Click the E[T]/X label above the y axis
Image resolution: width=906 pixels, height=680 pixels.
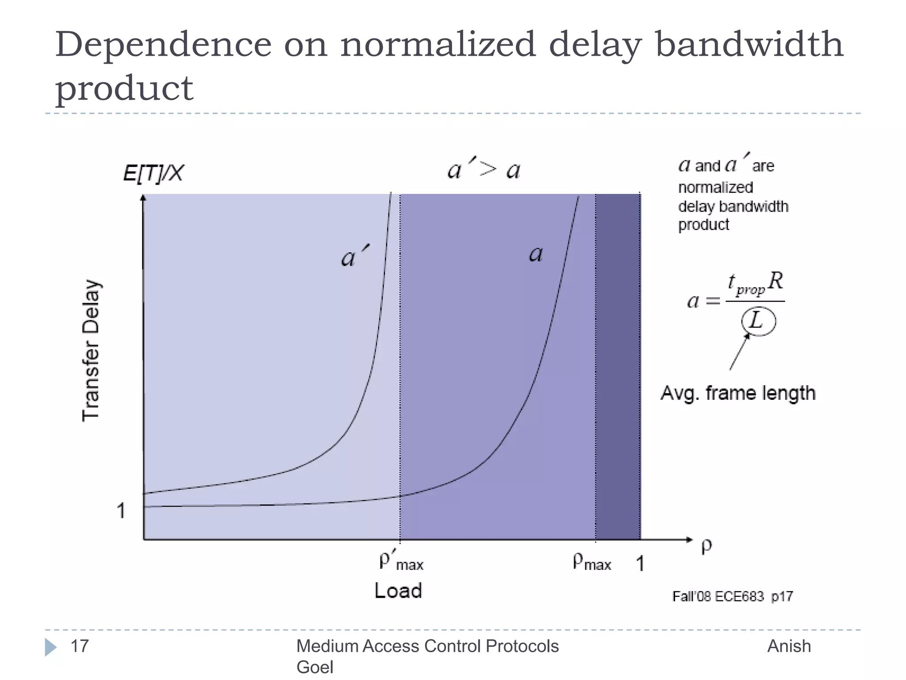tap(153, 173)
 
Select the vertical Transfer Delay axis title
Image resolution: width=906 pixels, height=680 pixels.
tap(92, 350)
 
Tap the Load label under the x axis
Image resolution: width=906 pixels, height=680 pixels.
tap(398, 591)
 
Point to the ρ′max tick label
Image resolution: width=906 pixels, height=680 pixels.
tap(401, 561)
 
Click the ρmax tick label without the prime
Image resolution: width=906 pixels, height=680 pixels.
tap(591, 562)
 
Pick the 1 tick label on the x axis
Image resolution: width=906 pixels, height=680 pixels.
tap(640, 564)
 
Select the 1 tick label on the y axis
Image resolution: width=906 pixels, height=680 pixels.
tap(121, 511)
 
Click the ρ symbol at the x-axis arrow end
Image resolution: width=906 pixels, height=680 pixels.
tap(706, 546)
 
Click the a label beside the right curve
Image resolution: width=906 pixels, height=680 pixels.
tap(536, 254)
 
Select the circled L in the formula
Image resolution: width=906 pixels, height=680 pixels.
tap(758, 321)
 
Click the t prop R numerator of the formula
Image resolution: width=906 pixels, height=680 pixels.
tap(756, 283)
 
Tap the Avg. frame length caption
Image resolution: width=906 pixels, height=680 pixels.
tap(738, 393)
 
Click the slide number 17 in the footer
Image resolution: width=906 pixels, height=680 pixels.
tap(80, 646)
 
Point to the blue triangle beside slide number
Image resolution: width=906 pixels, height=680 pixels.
tap(50, 647)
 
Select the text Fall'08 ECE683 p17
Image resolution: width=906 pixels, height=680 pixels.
tap(733, 596)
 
